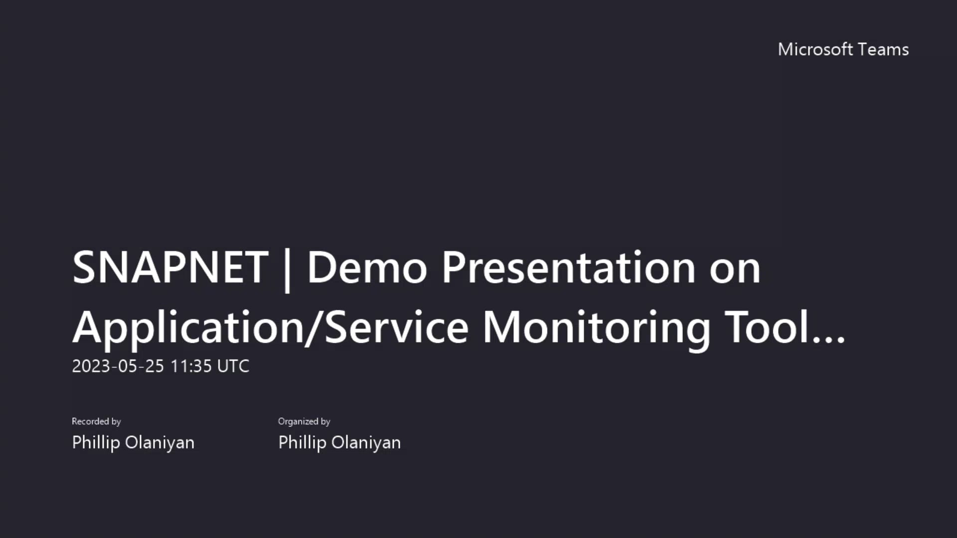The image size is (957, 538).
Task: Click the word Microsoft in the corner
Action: pos(815,49)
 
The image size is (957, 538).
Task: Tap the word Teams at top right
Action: pos(884,49)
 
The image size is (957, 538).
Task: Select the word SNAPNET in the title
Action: pos(170,268)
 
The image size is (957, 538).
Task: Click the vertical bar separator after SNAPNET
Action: pos(287,270)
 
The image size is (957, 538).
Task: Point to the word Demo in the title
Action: pos(367,268)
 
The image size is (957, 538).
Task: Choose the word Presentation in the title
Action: pos(568,268)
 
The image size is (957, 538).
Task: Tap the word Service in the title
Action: pos(397,327)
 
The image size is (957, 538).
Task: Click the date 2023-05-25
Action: pos(118,366)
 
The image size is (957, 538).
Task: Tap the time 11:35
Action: pos(191,366)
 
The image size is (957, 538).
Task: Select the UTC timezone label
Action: pos(233,366)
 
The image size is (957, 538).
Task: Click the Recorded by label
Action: pos(96,421)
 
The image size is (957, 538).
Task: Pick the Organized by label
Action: pos(304,421)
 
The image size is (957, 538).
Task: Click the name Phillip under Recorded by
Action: pos(96,442)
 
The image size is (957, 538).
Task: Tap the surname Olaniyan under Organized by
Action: pos(366,442)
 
